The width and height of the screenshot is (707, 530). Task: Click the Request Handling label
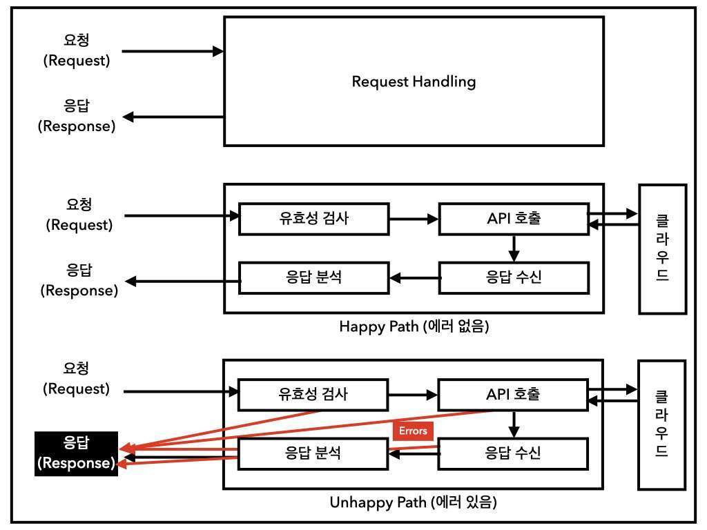(x=414, y=81)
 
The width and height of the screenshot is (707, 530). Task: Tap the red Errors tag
(x=413, y=431)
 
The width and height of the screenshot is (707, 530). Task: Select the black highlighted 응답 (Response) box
(x=77, y=453)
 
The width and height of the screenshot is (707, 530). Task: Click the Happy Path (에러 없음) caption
(x=414, y=326)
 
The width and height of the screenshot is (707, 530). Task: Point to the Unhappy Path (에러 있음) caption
(x=414, y=502)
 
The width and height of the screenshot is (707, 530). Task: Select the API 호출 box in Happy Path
(x=513, y=219)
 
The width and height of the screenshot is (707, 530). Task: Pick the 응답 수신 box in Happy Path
(x=513, y=278)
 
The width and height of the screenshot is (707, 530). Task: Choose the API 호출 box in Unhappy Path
(x=513, y=395)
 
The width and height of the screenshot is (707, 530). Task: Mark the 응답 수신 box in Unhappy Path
(x=513, y=453)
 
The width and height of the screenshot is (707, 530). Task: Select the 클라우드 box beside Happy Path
(x=662, y=248)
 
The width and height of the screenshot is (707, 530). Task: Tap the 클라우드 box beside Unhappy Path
(x=662, y=424)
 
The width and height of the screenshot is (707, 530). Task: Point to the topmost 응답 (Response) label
(x=77, y=116)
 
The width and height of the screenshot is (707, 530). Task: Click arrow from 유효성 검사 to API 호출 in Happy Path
(x=413, y=219)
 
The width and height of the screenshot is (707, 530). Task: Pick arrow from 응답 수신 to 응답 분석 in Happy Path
(x=413, y=279)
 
